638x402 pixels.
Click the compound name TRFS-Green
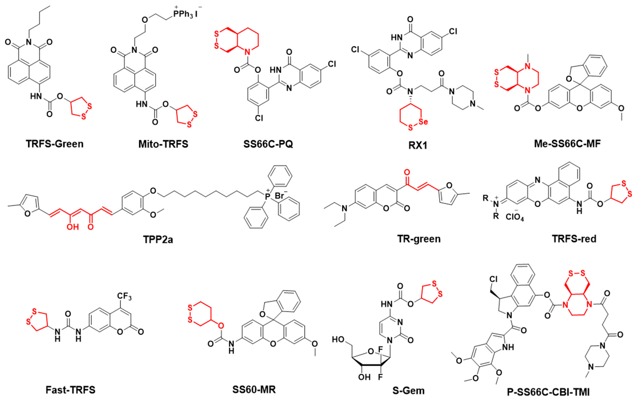click(55, 144)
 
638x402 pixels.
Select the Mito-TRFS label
click(163, 144)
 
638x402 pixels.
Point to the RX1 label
click(418, 145)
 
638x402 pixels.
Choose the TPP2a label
click(158, 239)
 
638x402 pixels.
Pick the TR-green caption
click(419, 239)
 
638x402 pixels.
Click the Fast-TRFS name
click(70, 390)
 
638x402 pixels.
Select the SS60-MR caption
click(254, 389)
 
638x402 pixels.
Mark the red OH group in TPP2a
click(73, 227)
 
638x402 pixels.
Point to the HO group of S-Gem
click(338, 339)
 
